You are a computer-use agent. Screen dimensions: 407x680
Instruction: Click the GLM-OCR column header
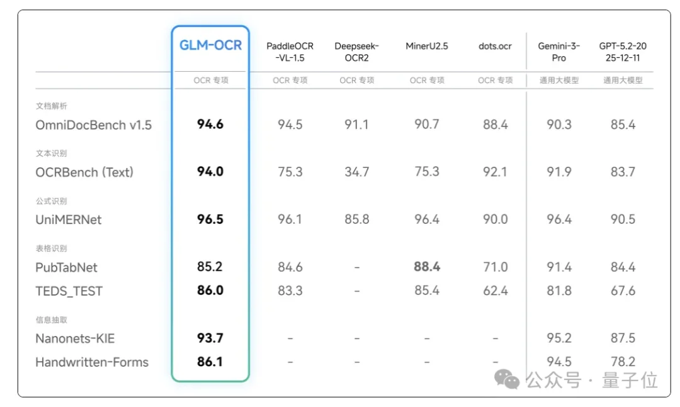point(210,46)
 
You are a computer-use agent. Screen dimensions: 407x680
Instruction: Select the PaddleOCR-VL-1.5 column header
point(290,52)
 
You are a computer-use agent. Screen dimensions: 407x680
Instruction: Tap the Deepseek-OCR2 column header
point(356,52)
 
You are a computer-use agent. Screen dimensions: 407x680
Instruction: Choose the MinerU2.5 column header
point(427,46)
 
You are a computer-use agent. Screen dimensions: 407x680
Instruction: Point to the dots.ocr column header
point(495,46)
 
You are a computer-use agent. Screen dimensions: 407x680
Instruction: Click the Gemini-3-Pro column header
point(559,52)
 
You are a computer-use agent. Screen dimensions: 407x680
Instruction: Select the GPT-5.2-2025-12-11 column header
point(623,52)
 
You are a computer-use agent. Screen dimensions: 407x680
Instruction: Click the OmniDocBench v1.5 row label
point(94,125)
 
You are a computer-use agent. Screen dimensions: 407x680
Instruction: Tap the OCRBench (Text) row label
point(84,172)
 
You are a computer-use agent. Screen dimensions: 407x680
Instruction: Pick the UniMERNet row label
point(69,220)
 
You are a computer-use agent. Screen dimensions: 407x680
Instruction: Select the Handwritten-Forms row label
point(92,362)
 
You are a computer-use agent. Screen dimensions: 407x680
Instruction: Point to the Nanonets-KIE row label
point(75,339)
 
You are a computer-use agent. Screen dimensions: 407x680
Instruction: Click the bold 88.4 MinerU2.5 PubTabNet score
point(427,267)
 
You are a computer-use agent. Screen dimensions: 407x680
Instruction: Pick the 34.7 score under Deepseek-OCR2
point(356,172)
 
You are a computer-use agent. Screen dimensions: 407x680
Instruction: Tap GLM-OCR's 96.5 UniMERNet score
point(210,220)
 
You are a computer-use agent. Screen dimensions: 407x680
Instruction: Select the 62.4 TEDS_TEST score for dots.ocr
point(495,291)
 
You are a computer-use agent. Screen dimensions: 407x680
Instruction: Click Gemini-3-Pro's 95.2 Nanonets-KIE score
point(559,339)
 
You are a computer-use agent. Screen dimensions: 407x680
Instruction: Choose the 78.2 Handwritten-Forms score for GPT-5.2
point(623,362)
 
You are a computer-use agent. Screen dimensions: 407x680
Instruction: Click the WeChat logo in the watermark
point(507,379)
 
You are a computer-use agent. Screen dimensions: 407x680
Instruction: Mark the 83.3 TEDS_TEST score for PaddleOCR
point(290,291)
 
